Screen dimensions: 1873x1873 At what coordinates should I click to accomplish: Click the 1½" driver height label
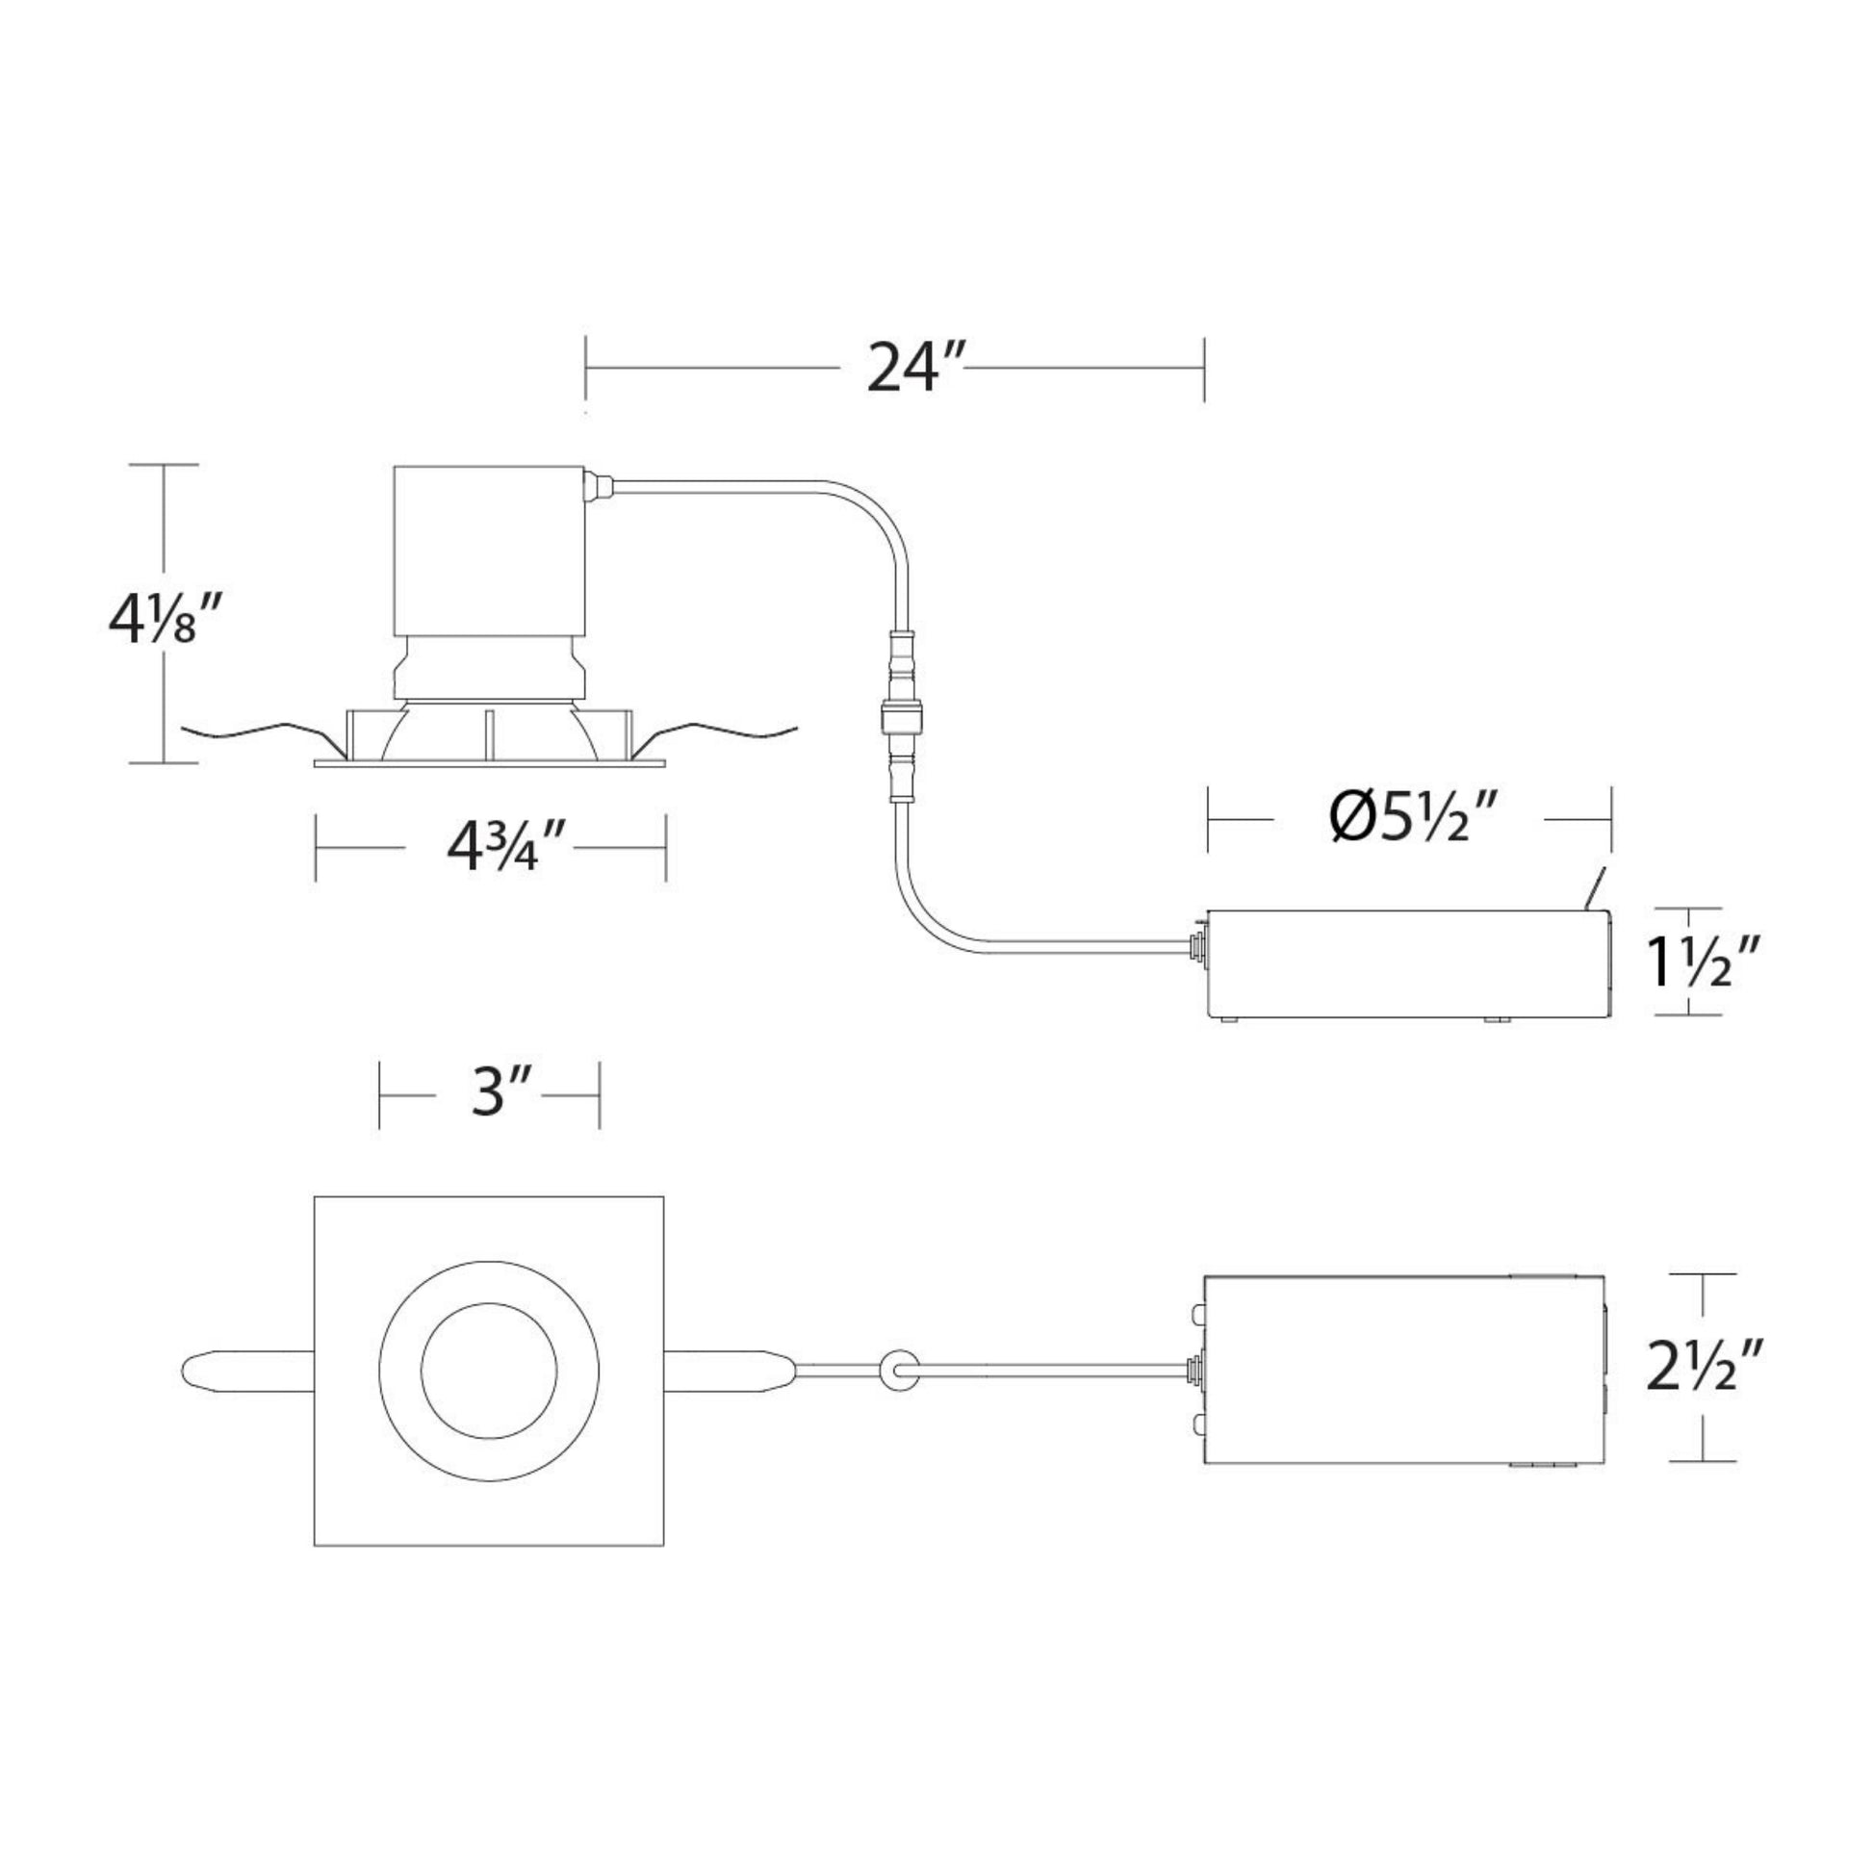coord(1704,961)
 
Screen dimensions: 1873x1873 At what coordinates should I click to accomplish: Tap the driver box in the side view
coord(1408,962)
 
